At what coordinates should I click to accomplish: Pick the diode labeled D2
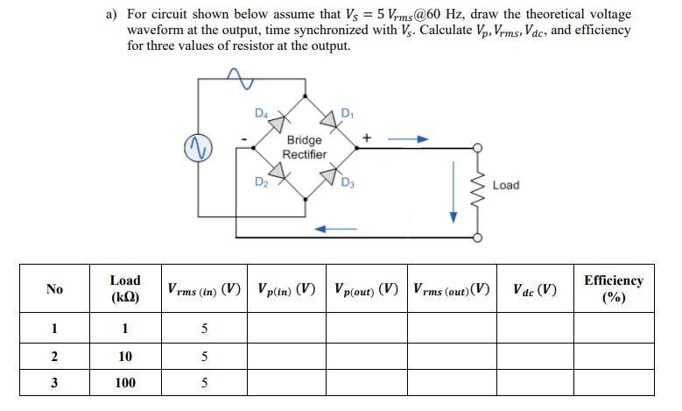pos(278,174)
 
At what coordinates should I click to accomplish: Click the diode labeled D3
pos(331,174)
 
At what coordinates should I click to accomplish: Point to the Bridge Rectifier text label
pos(304,147)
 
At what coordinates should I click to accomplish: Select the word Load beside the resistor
pos(506,185)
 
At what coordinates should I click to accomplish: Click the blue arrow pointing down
pos(453,202)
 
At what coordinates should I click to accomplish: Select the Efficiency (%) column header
pos(613,288)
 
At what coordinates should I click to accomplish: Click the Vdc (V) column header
pos(534,289)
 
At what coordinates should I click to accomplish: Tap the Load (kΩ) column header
pos(124,288)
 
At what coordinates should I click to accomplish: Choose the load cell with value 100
pos(124,383)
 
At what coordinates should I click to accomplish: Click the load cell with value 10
pos(124,356)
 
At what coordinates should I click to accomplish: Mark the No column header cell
pos(54,289)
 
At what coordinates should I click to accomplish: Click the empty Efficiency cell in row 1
pos(613,329)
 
